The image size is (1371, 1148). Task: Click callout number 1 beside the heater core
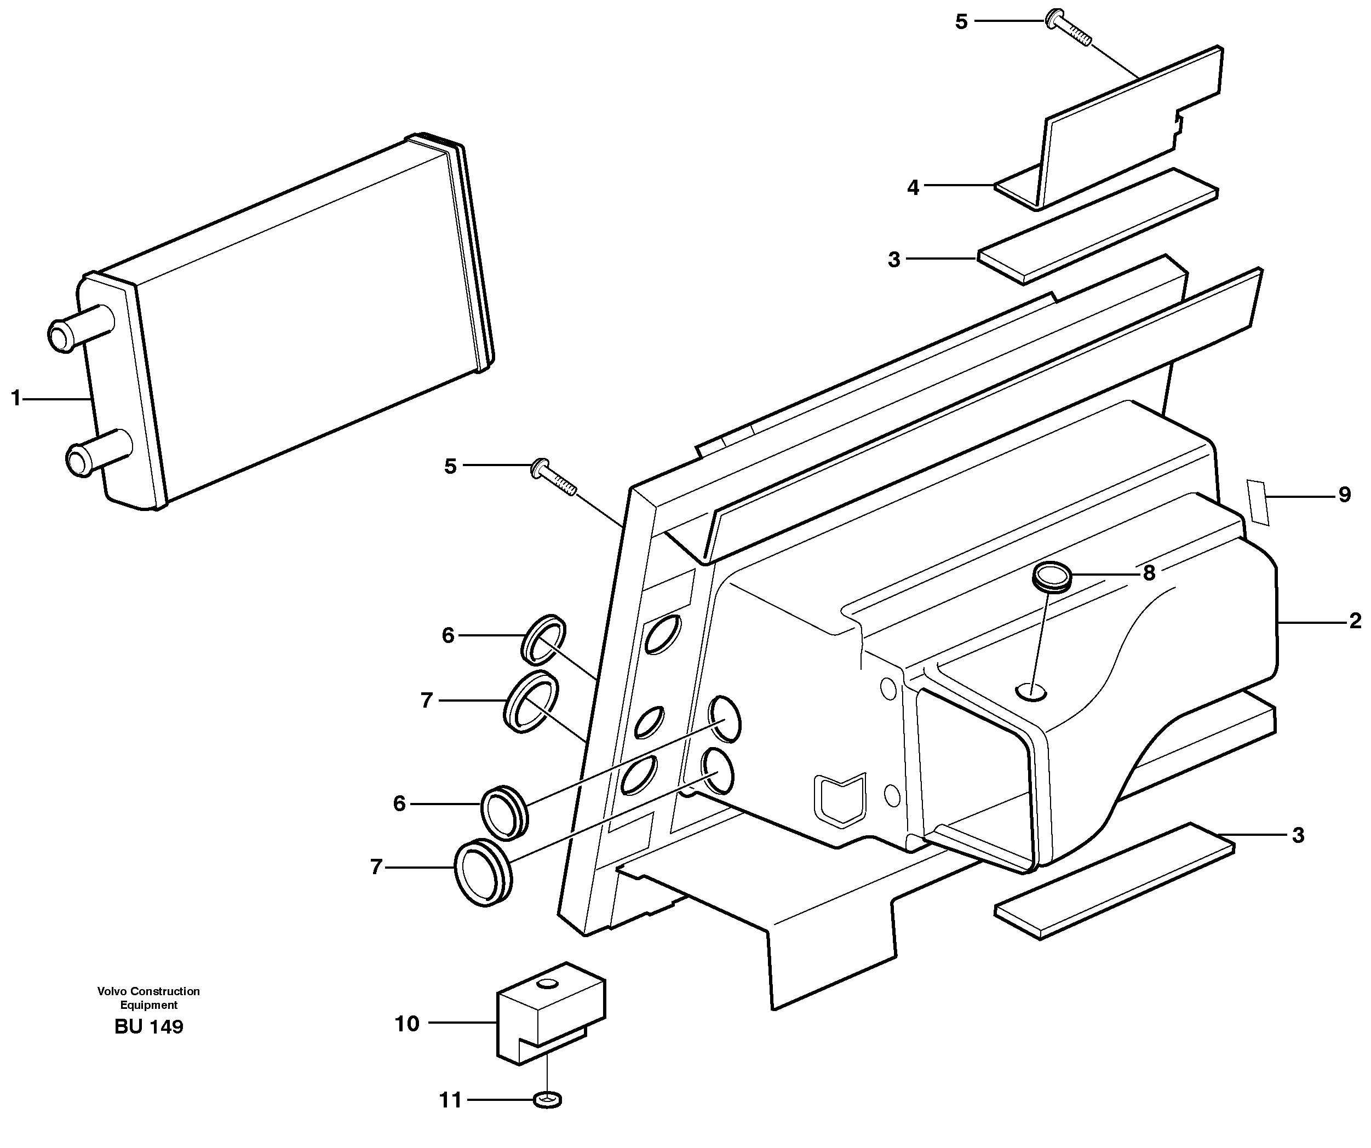[x=16, y=398]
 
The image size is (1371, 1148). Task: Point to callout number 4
[x=913, y=188]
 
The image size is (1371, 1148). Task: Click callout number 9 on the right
[x=1344, y=495]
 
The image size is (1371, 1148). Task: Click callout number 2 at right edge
[x=1355, y=621]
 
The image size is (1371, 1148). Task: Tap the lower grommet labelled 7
[x=484, y=873]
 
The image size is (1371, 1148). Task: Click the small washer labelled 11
[x=547, y=1101]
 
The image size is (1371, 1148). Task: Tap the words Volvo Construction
[x=149, y=991]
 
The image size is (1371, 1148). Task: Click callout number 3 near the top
[x=894, y=260]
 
